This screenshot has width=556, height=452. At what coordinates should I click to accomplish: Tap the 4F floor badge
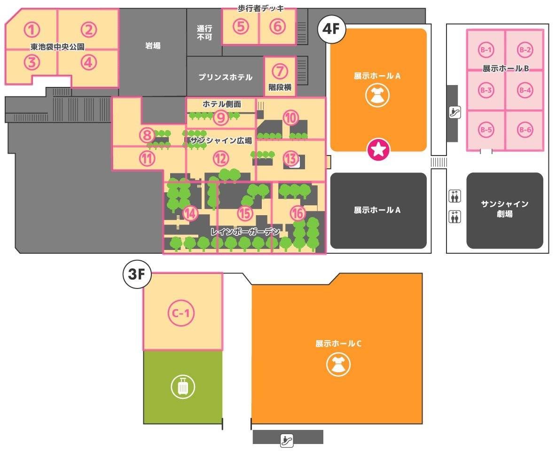pos(331,29)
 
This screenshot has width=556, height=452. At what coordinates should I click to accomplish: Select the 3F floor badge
pos(137,274)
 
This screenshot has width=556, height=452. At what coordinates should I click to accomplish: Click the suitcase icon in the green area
pos(183,387)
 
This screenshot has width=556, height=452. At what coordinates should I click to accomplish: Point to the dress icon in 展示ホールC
pos(338,365)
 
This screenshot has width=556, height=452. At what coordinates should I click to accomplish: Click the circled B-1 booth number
pos(486,50)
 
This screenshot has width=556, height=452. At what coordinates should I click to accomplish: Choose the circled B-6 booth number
pos(525,130)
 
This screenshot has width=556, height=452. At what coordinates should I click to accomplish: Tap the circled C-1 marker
pos(181,313)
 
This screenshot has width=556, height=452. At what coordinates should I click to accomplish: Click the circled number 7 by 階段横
pos(280,71)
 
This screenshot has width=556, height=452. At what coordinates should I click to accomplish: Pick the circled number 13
pos(291,158)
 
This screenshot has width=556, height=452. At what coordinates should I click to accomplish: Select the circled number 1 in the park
pos(31,30)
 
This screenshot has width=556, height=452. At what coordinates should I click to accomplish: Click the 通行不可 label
pos(204,32)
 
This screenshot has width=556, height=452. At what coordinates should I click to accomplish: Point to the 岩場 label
pos(153,46)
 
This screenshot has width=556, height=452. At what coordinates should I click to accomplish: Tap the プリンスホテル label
pos(226,77)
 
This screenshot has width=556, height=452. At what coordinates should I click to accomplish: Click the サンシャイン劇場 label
pos(505,209)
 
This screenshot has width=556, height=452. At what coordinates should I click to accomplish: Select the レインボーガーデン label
pos(245,232)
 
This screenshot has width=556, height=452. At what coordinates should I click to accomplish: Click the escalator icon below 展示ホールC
pos(287,440)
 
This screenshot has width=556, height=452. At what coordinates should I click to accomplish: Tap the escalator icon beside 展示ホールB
pos(454,112)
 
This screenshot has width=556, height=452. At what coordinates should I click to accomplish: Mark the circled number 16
pos(298,213)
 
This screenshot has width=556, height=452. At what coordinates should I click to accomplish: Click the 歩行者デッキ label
pos(261,8)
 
